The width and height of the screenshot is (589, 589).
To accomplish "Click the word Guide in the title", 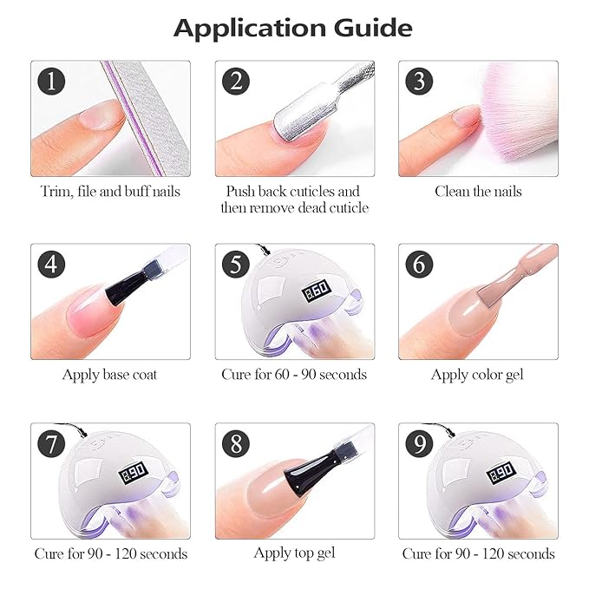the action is coord(373,28).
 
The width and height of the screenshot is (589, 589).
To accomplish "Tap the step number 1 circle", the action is coord(51,82).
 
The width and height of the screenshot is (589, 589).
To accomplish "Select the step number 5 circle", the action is coord(236,264).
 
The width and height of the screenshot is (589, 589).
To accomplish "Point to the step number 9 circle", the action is coord(419,443).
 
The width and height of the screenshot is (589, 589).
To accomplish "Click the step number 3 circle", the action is coord(419,82).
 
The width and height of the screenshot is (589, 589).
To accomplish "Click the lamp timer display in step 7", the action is coord(132,473).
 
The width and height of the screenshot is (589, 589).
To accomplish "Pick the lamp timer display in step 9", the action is coord(500,473).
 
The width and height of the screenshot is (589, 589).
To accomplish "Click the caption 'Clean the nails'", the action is coord(478,192).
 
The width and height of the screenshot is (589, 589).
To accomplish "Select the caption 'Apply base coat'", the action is coord(109,376).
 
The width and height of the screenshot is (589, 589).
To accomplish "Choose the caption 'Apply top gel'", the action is coord(295,553).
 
